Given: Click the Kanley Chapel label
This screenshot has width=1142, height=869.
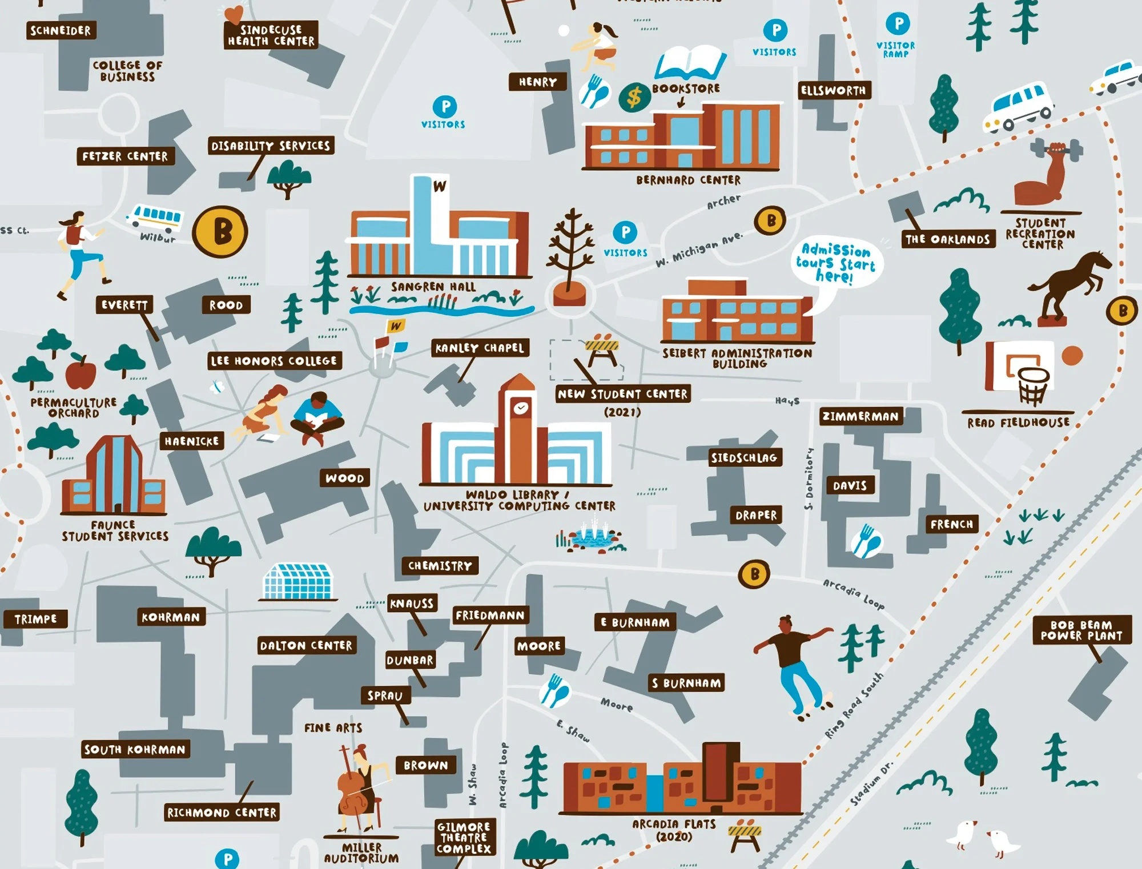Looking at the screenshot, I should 480,348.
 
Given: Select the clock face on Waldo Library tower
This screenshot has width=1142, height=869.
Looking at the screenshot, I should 520,408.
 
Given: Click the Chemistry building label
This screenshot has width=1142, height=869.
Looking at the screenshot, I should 440,566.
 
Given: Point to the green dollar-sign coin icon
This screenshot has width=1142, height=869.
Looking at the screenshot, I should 634,98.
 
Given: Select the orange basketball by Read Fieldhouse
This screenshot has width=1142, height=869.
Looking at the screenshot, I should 1072,356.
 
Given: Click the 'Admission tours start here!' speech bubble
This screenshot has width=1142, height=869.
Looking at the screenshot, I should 837,263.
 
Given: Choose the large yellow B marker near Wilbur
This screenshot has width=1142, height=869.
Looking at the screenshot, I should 220,232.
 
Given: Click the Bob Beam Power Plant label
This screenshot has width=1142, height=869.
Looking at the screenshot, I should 1081,630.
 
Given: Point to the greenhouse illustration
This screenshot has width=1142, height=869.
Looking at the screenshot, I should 297,581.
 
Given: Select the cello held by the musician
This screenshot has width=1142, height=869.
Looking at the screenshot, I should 353,791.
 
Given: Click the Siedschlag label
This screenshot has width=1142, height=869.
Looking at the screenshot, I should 744,457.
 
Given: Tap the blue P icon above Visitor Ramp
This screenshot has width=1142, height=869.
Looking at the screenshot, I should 898,24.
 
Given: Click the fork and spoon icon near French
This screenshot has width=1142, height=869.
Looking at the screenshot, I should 866,541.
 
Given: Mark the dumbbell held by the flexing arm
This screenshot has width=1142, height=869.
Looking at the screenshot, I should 1057,150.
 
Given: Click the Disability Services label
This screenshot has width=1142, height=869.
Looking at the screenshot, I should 271,146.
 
